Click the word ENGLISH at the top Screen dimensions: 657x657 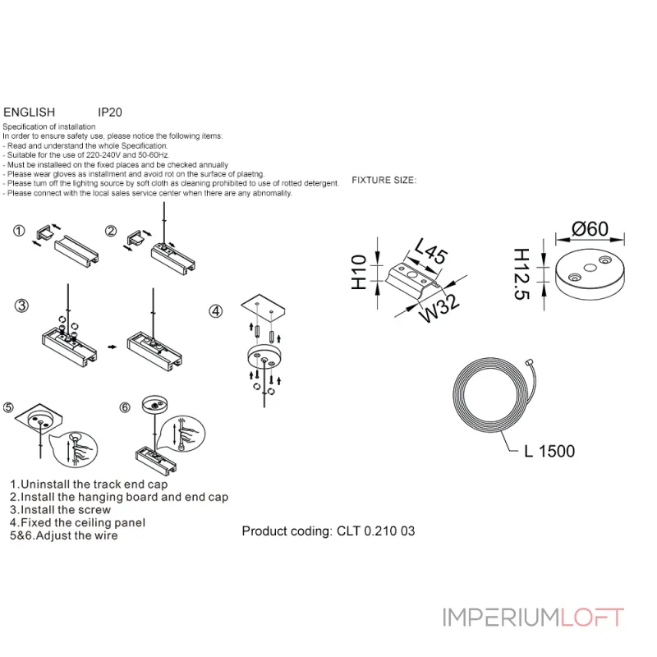click(x=30, y=112)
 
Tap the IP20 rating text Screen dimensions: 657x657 click(x=110, y=112)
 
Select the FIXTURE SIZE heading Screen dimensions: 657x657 click(x=384, y=180)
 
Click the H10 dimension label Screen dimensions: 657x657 click(x=359, y=272)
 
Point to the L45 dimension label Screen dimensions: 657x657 click(x=430, y=250)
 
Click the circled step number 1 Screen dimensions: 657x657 click(x=19, y=231)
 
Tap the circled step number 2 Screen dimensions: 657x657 click(x=110, y=231)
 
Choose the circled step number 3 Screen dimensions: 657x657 click(x=22, y=306)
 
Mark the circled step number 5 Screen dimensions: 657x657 click(x=9, y=407)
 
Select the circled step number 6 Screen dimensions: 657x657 click(x=125, y=407)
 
